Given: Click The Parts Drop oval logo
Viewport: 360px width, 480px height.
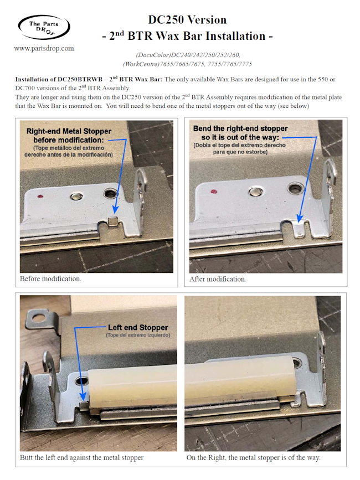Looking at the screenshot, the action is [x=44, y=27].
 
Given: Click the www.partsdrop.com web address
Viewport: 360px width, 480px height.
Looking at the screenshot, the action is [x=44, y=48].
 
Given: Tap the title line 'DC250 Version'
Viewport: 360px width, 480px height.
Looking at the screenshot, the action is [x=187, y=20].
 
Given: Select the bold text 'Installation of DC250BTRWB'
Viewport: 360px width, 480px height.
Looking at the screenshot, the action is [x=59, y=79].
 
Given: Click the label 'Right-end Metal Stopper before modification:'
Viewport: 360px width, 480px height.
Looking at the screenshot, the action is [x=69, y=136].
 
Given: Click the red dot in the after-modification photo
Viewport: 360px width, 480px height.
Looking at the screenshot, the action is [x=214, y=192].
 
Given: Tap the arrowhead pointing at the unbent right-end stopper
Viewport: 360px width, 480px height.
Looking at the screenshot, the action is [x=115, y=209].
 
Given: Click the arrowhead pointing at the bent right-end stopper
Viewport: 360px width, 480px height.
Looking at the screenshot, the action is [x=300, y=218].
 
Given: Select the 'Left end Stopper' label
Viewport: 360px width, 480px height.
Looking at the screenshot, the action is [x=138, y=328].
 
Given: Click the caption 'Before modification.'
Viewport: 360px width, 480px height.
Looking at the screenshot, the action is [x=50, y=279].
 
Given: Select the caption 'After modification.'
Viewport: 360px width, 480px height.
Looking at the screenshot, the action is [x=218, y=279].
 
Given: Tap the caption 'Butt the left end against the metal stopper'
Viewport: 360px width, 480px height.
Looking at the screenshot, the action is [x=82, y=458].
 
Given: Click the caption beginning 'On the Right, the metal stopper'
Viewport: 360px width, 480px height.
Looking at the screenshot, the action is [x=254, y=458].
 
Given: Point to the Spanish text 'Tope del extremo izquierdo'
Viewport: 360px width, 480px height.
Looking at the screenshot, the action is [x=138, y=335].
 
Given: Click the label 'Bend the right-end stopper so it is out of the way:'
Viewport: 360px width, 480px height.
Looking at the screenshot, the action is [x=240, y=133].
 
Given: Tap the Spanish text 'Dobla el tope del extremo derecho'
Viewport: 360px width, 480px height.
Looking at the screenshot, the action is [x=239, y=145].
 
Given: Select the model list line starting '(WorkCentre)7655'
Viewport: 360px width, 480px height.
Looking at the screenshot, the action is [x=187, y=64].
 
